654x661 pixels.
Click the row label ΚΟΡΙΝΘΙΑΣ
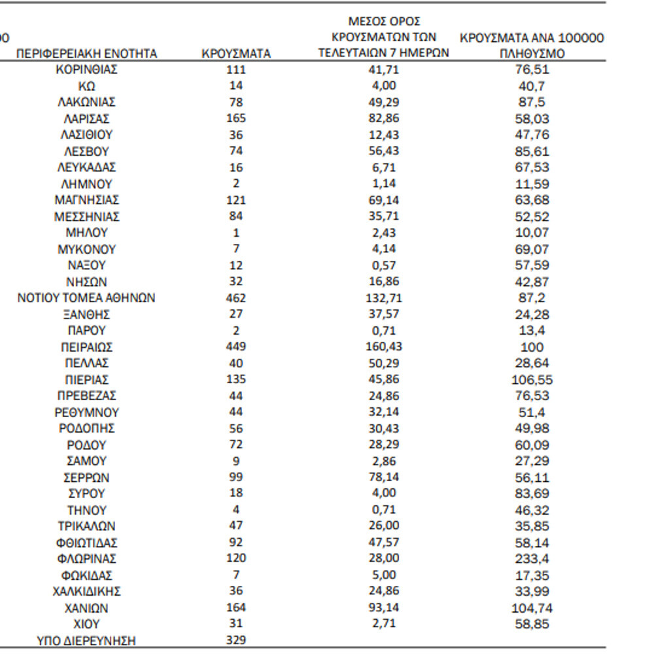tap(86, 69)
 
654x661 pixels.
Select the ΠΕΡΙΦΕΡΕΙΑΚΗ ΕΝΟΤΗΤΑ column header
tap(86, 54)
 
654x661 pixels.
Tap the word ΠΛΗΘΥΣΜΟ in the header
tap(532, 54)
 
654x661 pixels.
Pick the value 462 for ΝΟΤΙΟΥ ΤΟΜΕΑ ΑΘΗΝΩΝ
tap(236, 298)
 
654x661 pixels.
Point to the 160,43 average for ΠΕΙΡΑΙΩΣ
tap(383, 347)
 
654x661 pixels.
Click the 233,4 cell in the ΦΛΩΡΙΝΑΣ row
tap(532, 559)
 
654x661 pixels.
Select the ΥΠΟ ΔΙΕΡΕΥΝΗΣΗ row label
tap(86, 641)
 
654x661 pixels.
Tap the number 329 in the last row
tap(236, 640)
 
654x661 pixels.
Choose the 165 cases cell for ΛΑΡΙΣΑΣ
tap(236, 118)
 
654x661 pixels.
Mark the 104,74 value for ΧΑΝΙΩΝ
tap(532, 608)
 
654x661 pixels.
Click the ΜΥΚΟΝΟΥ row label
tap(86, 249)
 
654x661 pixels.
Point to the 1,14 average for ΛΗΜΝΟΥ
tap(383, 184)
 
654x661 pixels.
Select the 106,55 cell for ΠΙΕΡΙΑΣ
tap(532, 379)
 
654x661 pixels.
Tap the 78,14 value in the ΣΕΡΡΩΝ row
tap(383, 477)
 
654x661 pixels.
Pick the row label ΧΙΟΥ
tap(86, 624)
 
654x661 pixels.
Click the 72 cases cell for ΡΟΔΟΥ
tap(236, 445)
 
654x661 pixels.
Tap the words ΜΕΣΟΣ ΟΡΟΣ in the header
tap(383, 22)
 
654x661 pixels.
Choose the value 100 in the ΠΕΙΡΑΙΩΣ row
tap(532, 347)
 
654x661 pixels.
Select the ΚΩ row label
tap(86, 86)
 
